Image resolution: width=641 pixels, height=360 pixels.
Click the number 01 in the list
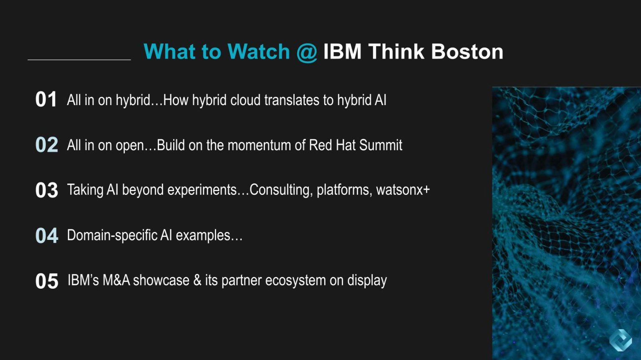click(x=46, y=100)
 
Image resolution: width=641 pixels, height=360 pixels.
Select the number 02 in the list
click(x=46, y=145)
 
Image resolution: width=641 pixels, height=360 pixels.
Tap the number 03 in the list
click(x=46, y=190)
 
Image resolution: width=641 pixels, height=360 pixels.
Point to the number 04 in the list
click(x=46, y=236)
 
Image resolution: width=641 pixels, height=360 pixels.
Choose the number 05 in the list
click(x=46, y=281)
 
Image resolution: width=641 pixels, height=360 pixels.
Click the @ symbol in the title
click(x=307, y=52)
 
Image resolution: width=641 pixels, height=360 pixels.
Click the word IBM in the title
click(x=342, y=52)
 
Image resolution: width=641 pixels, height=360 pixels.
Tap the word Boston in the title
click(x=467, y=52)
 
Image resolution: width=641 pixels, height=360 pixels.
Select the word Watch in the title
click(x=259, y=52)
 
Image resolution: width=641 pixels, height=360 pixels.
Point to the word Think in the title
click(x=396, y=52)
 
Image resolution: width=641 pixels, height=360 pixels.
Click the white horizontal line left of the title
click(x=79, y=60)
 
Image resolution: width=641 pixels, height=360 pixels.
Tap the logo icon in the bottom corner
click(x=620, y=340)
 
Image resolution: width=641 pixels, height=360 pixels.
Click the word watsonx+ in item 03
click(x=403, y=190)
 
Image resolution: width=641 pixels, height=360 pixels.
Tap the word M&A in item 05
click(x=116, y=280)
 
